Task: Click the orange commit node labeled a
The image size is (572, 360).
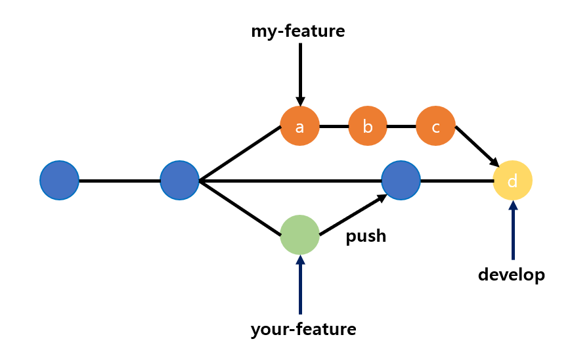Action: [x=299, y=126]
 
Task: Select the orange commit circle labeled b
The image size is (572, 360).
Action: [x=368, y=126]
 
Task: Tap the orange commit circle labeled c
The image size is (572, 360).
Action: [x=435, y=126]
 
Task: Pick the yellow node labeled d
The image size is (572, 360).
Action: [x=512, y=181]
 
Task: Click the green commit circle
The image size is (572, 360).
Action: [x=299, y=235]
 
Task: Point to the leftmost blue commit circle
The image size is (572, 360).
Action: [x=60, y=181]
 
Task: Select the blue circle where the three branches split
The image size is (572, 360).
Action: [x=180, y=181]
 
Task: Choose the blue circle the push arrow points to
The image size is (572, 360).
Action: [x=401, y=181]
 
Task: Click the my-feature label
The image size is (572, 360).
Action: [x=297, y=31]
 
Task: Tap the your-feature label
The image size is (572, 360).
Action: [x=303, y=329]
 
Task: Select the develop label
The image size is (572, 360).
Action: [x=512, y=275]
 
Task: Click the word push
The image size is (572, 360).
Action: [x=366, y=236]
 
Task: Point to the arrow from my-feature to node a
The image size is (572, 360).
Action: [x=300, y=72]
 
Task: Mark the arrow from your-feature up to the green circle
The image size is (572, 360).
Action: [x=300, y=286]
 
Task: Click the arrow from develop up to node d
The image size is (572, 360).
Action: [x=513, y=230]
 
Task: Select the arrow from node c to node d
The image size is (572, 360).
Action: [x=476, y=145]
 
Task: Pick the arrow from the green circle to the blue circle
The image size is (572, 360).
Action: [x=351, y=215]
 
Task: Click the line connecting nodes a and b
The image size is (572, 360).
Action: [x=334, y=126]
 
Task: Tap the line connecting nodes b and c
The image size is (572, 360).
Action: [x=401, y=126]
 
